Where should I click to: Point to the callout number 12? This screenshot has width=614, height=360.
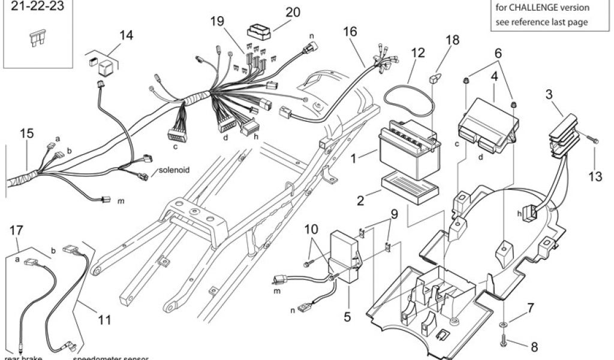point(417,52)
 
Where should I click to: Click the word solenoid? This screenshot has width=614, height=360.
point(174,170)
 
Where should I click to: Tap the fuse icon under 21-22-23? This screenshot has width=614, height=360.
point(35,40)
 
